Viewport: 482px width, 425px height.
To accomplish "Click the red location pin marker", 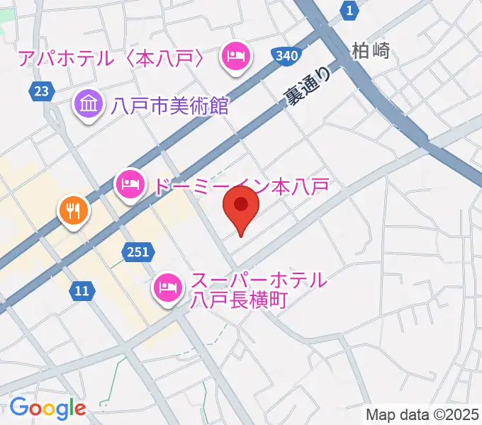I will [x=241, y=207].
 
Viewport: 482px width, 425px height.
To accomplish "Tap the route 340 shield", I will [x=286, y=55].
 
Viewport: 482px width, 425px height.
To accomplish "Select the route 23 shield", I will [x=41, y=90].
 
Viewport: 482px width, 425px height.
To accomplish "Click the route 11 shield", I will [x=82, y=289].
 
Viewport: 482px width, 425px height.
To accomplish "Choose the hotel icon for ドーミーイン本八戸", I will [x=129, y=186].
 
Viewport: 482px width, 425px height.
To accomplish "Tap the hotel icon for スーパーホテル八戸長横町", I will [x=168, y=287].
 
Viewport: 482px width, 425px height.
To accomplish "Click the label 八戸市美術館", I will [x=169, y=106].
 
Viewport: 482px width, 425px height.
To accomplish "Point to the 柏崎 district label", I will [x=371, y=51].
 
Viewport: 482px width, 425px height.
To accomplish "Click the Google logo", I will [x=47, y=408].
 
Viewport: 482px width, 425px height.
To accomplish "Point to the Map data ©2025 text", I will [x=422, y=414].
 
